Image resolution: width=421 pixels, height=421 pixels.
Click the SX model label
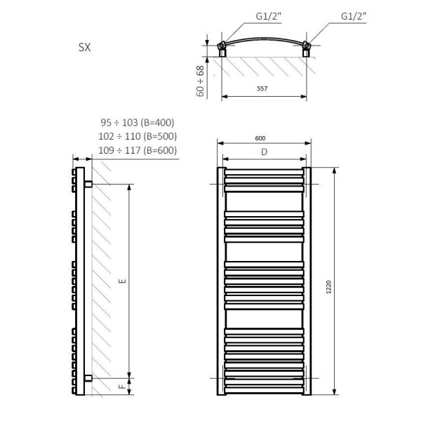tap(85, 47)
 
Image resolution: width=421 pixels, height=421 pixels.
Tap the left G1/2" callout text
tap(268, 16)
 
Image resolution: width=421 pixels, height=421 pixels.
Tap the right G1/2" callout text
tap(354, 16)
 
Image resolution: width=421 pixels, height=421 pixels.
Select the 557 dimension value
tap(262, 88)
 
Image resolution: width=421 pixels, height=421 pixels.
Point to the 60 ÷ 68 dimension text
tap(200, 81)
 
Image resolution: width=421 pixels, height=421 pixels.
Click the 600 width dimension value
tap(260, 138)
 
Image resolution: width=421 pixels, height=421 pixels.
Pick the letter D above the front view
tap(265, 152)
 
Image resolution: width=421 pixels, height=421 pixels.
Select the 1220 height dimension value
tap(328, 287)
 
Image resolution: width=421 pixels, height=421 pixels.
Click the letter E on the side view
tap(122, 281)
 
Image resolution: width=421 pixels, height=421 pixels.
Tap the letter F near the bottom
tap(122, 387)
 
